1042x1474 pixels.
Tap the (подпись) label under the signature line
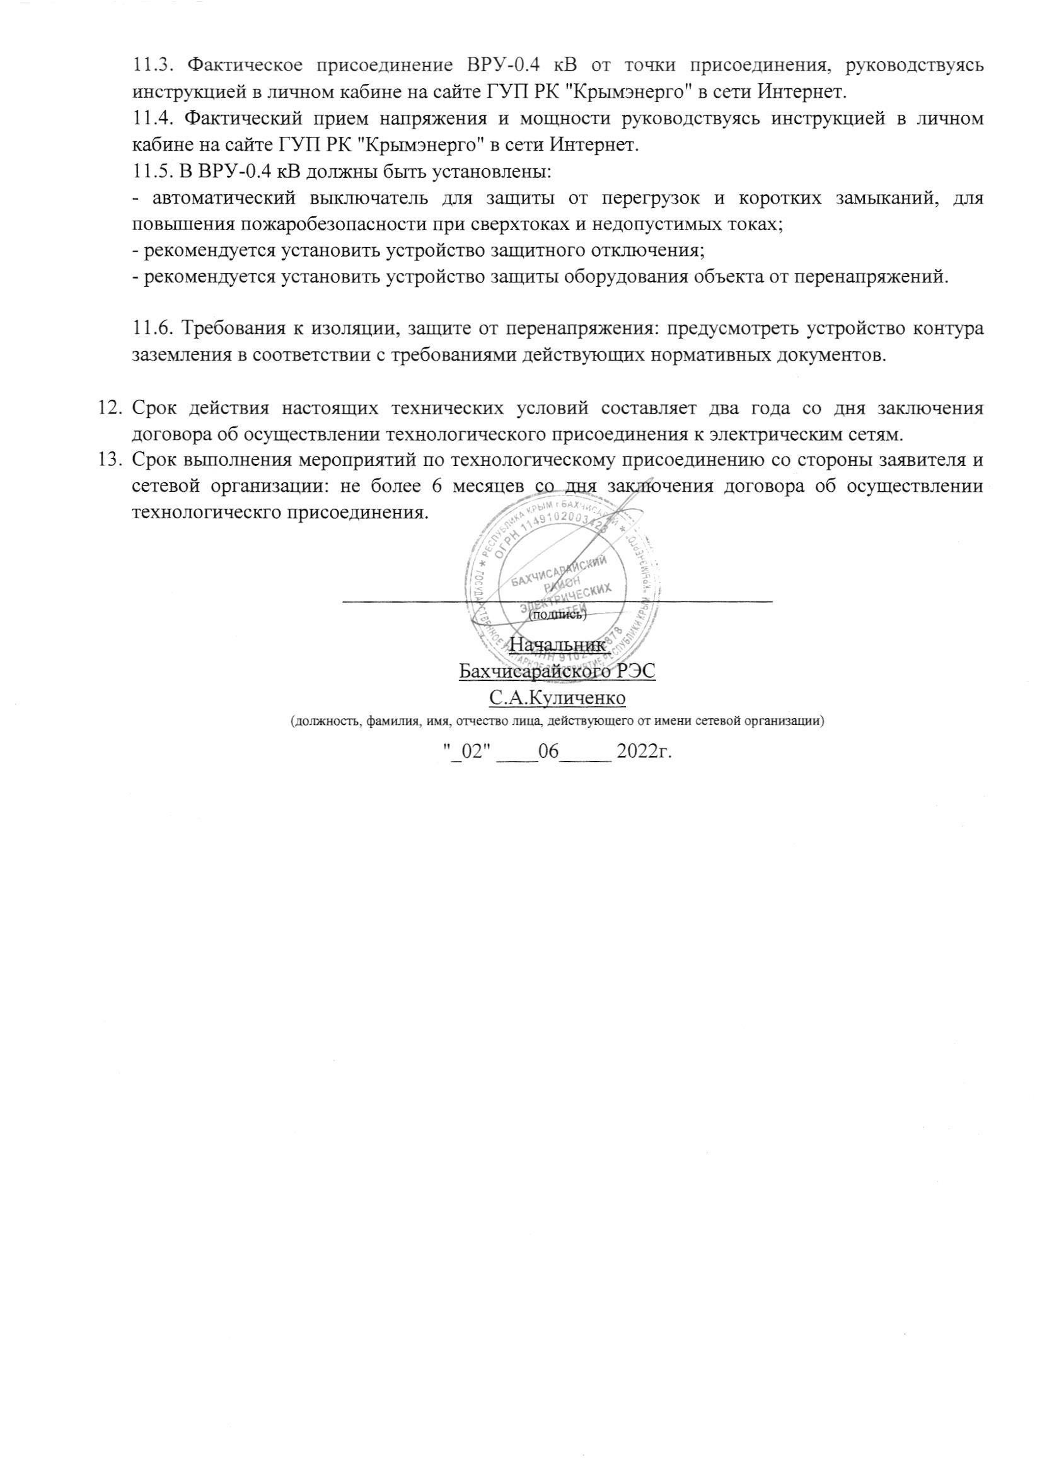coord(557,615)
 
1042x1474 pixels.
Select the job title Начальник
coord(557,644)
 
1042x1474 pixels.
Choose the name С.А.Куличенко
coord(557,697)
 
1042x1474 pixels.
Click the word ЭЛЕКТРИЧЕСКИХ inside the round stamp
coord(565,596)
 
